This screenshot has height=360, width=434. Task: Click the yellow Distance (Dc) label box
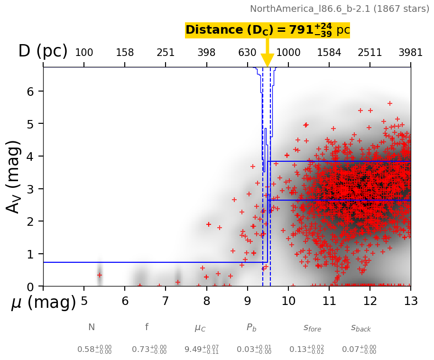point(267,30)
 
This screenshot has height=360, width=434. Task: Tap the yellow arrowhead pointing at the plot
point(268,61)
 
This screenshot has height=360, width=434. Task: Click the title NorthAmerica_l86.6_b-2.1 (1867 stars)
point(339,9)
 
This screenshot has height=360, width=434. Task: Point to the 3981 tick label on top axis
point(410,53)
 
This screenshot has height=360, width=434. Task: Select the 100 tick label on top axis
point(84,53)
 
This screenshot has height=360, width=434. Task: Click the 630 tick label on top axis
point(247,53)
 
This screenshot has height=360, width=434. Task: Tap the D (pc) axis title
point(43,51)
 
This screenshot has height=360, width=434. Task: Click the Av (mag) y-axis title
point(14,176)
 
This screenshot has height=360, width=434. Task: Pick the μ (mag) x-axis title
point(43,303)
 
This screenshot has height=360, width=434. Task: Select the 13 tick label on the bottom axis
point(410,301)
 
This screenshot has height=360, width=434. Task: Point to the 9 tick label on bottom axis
point(247,301)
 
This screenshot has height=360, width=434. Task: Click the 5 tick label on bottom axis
point(84,301)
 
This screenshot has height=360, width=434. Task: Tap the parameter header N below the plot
point(92,327)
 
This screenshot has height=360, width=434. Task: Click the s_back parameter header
point(360,328)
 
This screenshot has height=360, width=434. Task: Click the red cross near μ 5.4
point(100,275)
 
